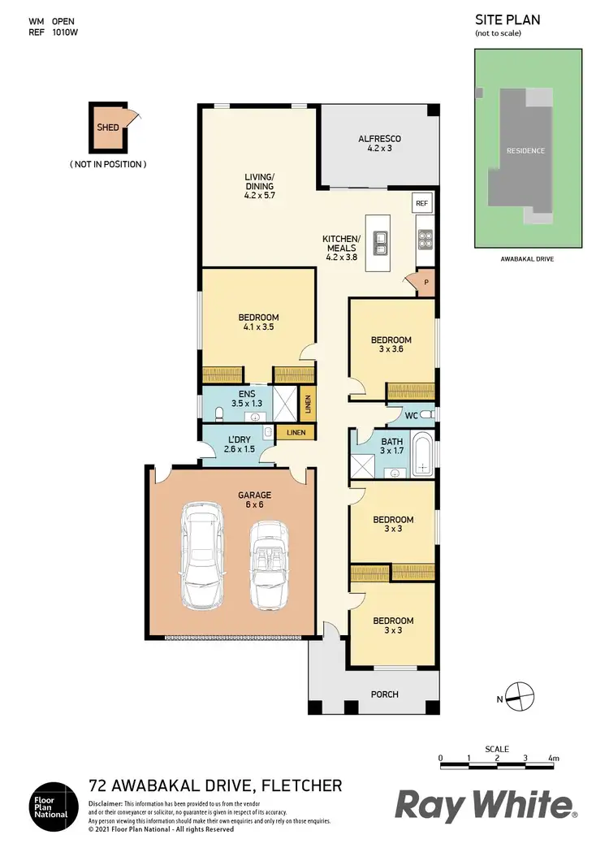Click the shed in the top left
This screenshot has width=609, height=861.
click(108, 128)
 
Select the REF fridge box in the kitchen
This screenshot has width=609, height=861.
click(421, 203)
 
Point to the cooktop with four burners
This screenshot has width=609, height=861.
click(425, 239)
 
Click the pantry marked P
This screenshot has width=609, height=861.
click(425, 282)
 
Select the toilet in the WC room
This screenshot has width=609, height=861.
click(428, 415)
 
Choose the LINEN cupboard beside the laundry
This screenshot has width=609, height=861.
click(296, 432)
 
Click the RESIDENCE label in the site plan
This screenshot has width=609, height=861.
click(525, 151)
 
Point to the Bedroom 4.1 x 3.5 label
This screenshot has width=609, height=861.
click(258, 322)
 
